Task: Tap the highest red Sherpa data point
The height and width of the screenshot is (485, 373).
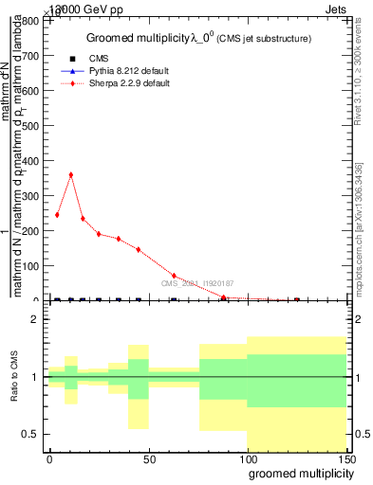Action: [70, 174]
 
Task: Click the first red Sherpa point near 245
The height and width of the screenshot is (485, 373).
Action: [57, 215]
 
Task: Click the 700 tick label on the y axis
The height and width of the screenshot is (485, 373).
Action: [32, 56]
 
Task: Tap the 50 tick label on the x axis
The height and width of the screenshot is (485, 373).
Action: [148, 458]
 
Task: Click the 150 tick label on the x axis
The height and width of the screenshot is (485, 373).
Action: [345, 458]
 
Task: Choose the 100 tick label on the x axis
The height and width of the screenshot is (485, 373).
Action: [247, 458]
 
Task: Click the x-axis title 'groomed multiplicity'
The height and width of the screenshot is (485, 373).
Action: [297, 473]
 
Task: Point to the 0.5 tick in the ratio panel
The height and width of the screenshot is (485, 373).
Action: [32, 434]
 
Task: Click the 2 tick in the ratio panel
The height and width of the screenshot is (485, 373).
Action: [36, 319]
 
